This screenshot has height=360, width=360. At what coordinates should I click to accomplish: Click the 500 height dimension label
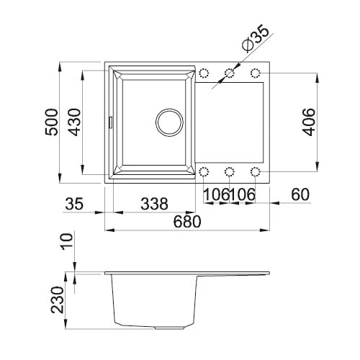(52, 122)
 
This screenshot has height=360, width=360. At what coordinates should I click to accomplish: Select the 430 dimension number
(74, 122)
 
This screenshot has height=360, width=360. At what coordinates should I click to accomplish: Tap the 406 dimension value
(308, 122)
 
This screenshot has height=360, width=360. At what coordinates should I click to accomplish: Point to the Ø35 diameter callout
(256, 38)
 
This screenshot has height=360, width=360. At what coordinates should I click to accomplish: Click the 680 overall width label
(187, 222)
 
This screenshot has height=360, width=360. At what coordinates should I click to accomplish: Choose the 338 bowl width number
(154, 204)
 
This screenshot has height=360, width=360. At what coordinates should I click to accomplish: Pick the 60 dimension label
(300, 194)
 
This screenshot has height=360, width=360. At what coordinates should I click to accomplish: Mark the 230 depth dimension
(58, 300)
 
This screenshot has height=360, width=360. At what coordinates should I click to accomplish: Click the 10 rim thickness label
(67, 241)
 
